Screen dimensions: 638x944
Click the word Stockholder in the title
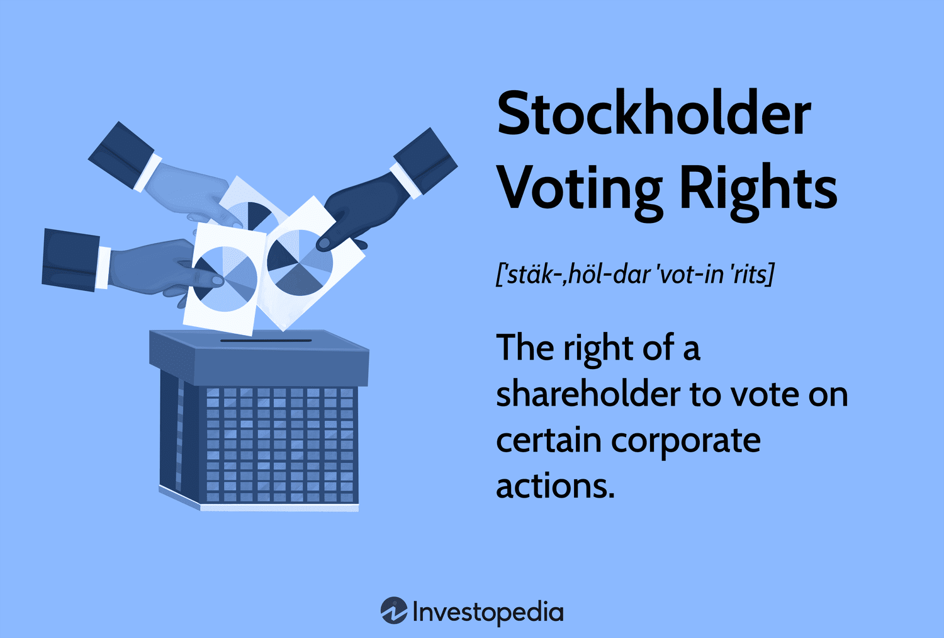[x=653, y=113]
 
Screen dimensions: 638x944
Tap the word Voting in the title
[x=579, y=188]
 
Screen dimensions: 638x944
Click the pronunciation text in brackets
[x=634, y=274]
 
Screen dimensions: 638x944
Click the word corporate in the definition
[x=685, y=440]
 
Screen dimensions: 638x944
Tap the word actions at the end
[x=554, y=486]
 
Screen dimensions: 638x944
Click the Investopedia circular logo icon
[x=394, y=611]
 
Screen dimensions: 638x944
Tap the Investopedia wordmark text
[x=488, y=612]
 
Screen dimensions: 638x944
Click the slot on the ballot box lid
[x=266, y=341]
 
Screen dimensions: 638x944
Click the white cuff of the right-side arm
[x=405, y=179]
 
